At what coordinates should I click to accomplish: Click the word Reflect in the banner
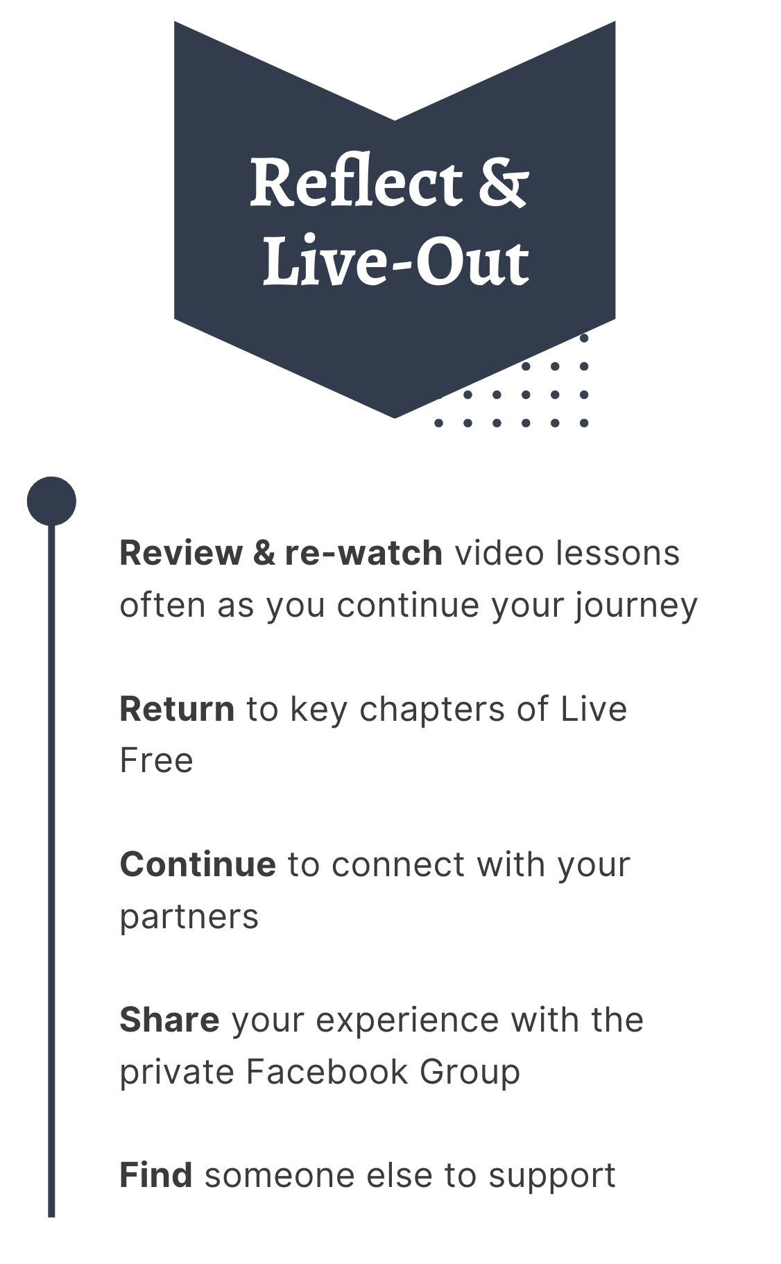coord(355,182)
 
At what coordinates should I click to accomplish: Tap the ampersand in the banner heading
coord(502,182)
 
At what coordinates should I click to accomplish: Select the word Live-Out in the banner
coord(395,261)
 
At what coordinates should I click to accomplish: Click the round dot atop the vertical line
coord(51,501)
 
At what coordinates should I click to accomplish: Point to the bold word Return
coord(177,709)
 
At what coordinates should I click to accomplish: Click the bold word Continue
coord(198,864)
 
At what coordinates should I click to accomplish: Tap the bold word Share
coord(169,1020)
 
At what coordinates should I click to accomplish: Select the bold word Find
coord(156,1175)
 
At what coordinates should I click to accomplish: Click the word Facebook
coord(327,1072)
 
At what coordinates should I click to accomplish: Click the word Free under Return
coord(156,760)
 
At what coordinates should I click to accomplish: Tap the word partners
coord(189,917)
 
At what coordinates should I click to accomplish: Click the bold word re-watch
coord(363,554)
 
